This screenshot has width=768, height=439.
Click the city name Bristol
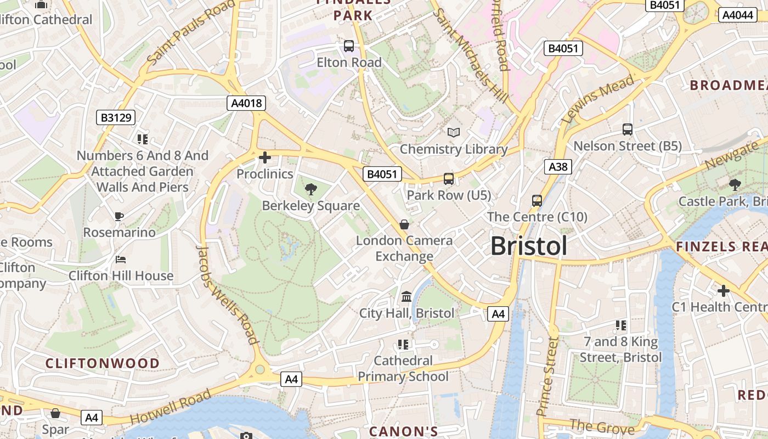[529, 246]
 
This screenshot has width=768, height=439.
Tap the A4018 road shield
[246, 103]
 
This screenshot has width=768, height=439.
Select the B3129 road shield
[115, 117]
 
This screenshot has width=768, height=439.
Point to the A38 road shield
[558, 166]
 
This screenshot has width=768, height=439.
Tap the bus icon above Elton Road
[349, 46]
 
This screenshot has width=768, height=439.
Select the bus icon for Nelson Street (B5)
[628, 130]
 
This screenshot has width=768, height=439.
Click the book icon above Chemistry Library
[454, 132]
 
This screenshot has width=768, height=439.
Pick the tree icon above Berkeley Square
[310, 189]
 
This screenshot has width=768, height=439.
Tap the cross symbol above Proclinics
[265, 158]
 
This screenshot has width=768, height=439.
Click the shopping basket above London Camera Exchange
[404, 224]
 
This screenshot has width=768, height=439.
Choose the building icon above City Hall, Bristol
[406, 296]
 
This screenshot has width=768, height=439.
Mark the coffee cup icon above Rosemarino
[119, 216]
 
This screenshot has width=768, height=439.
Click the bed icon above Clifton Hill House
[121, 259]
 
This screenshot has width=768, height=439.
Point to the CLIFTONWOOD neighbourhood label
[103, 363]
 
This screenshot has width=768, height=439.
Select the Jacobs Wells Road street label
[227, 294]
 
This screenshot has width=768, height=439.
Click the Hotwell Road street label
[171, 407]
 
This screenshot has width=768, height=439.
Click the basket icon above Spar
[55, 413]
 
